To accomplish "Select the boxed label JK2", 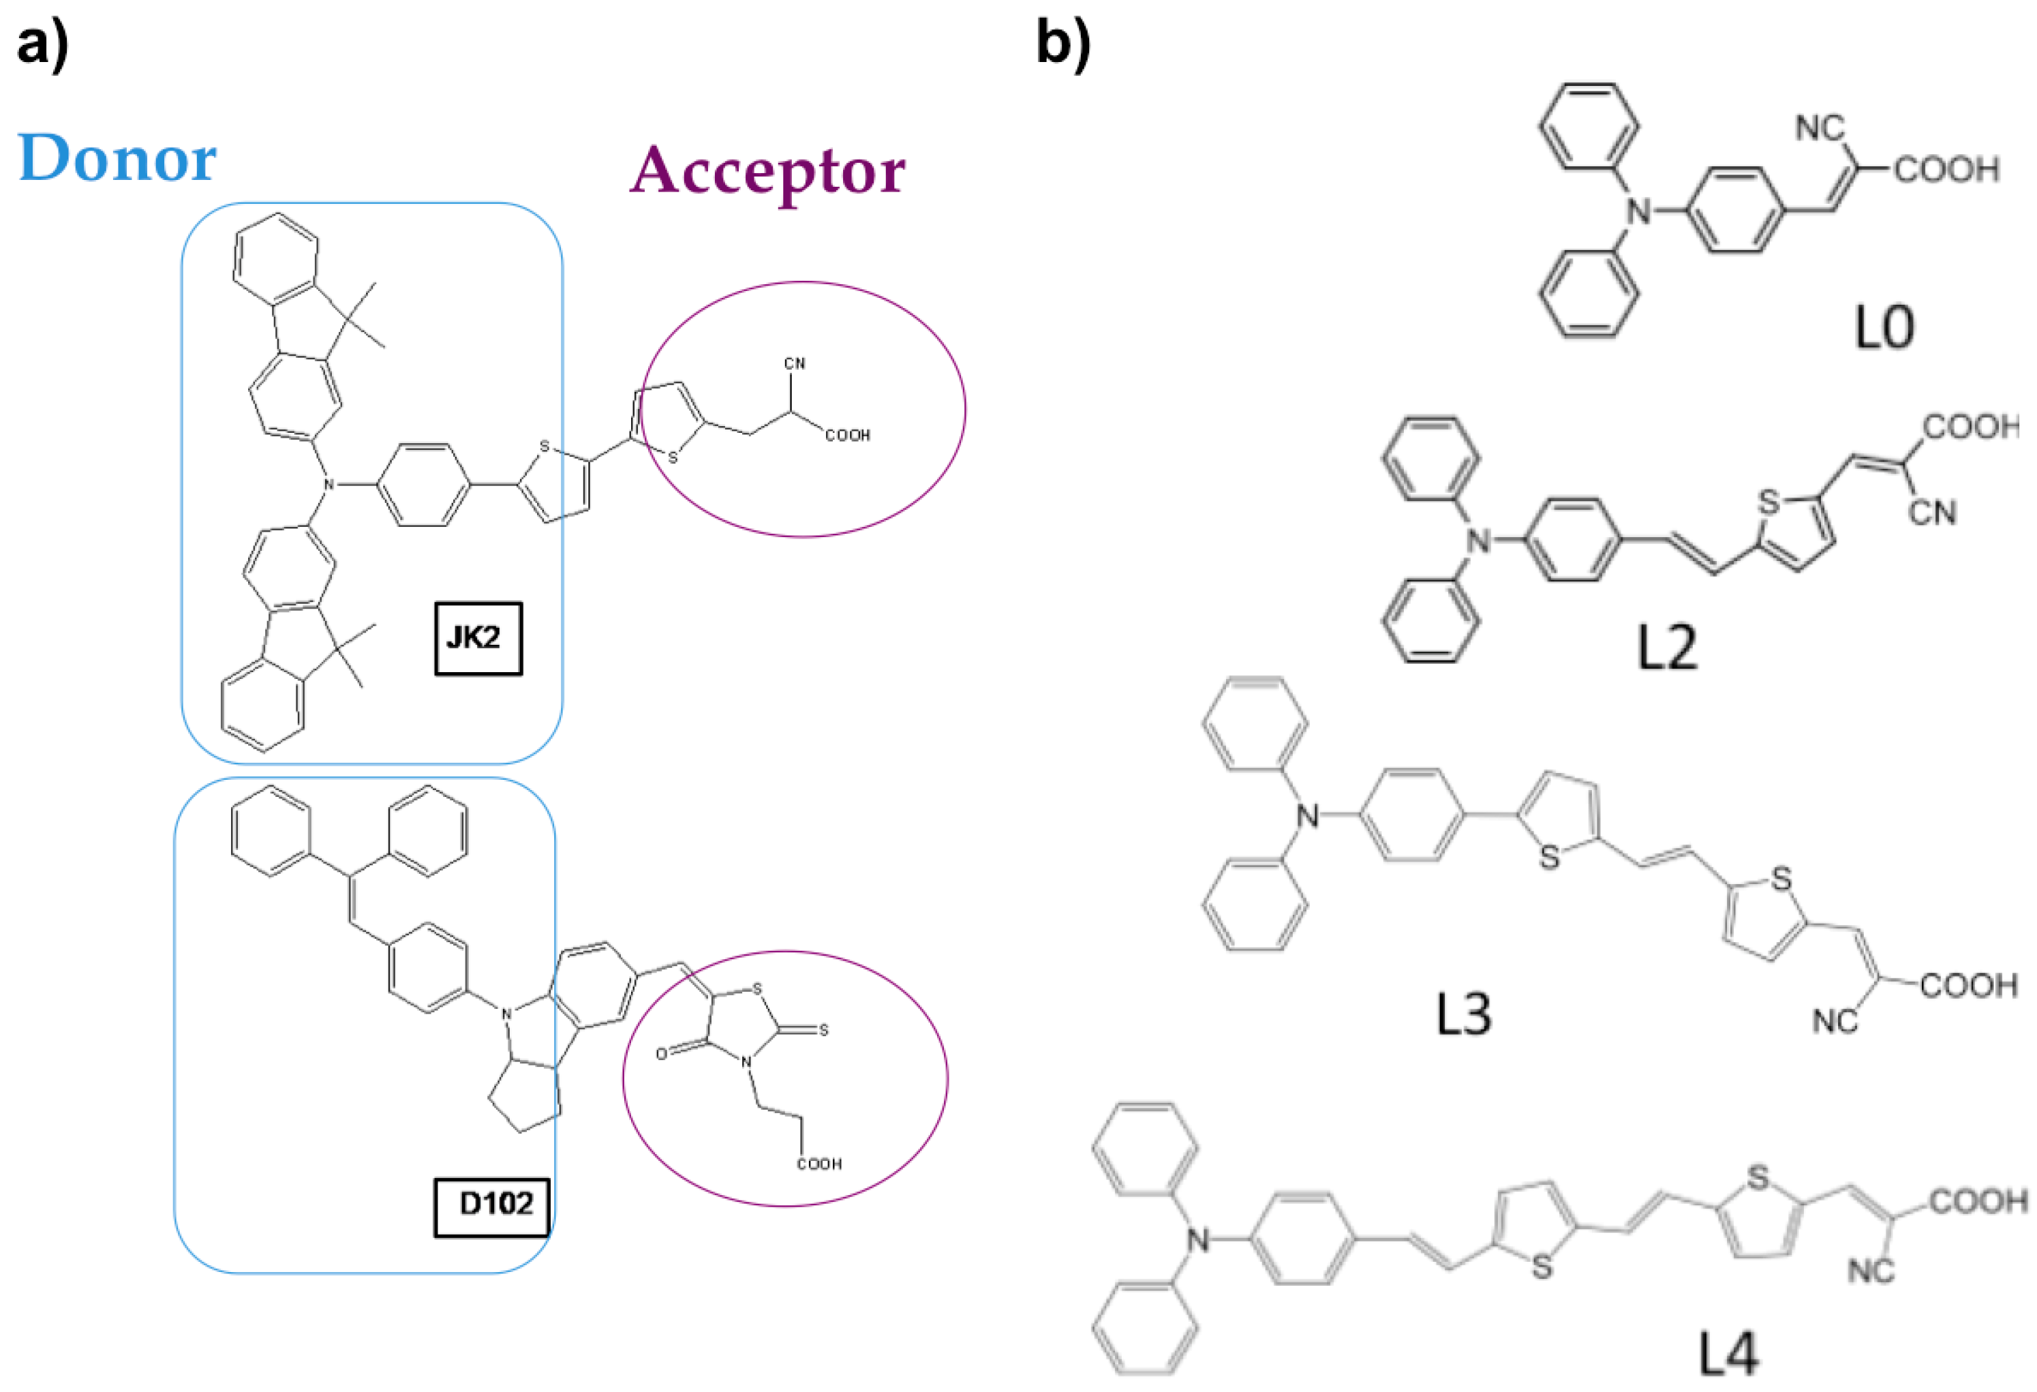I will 478,638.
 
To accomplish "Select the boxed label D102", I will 493,1204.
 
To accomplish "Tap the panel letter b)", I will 1062,44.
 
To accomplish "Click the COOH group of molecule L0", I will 1946,169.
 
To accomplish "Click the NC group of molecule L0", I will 1820,129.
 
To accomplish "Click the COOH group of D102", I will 818,1164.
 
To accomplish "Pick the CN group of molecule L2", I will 1932,512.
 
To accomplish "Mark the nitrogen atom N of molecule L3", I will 1307,816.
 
